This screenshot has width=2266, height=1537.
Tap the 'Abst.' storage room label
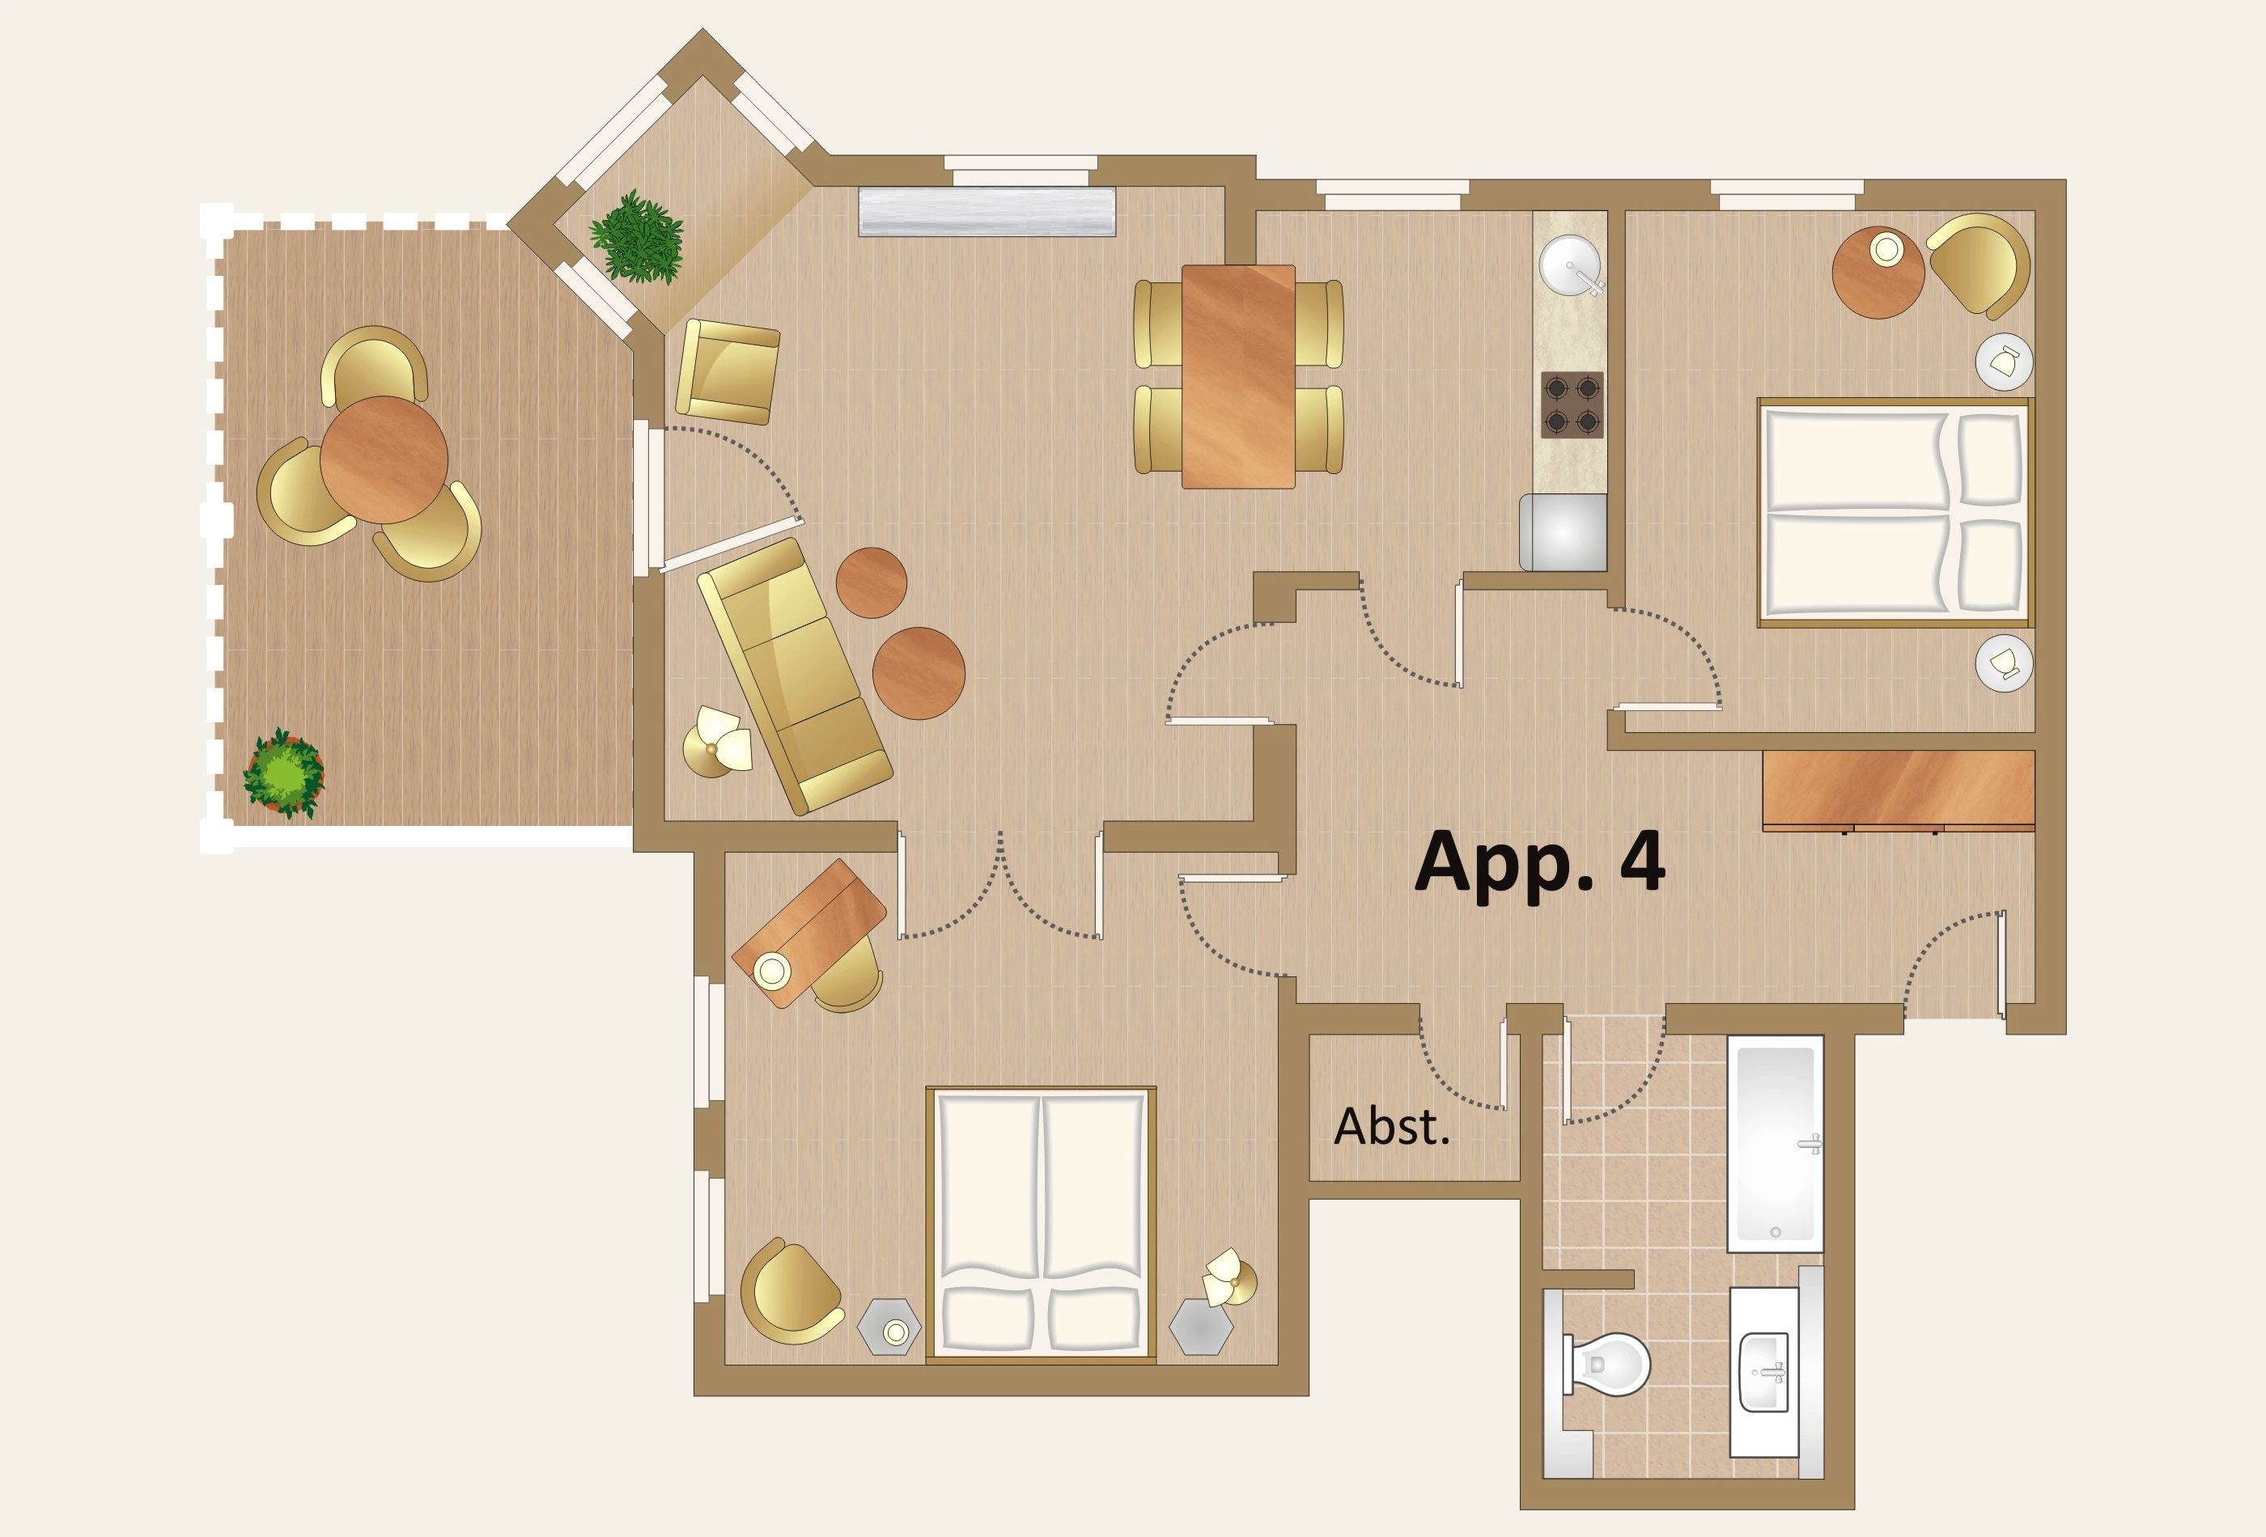[1391, 1127]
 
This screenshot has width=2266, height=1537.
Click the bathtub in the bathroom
[1776, 1143]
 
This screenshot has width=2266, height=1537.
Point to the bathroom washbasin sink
[1765, 1371]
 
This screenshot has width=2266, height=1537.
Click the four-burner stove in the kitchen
[1572, 404]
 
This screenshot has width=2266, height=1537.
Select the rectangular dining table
[1238, 376]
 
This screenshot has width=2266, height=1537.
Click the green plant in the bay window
[637, 237]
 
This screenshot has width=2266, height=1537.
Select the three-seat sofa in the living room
[795, 676]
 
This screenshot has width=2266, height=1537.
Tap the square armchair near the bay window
[728, 371]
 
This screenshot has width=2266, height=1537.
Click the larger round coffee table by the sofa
[919, 672]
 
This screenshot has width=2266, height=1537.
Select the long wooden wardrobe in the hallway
[1899, 790]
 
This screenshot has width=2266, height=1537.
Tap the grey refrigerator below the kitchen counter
[1563, 532]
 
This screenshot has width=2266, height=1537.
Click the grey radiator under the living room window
[987, 211]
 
